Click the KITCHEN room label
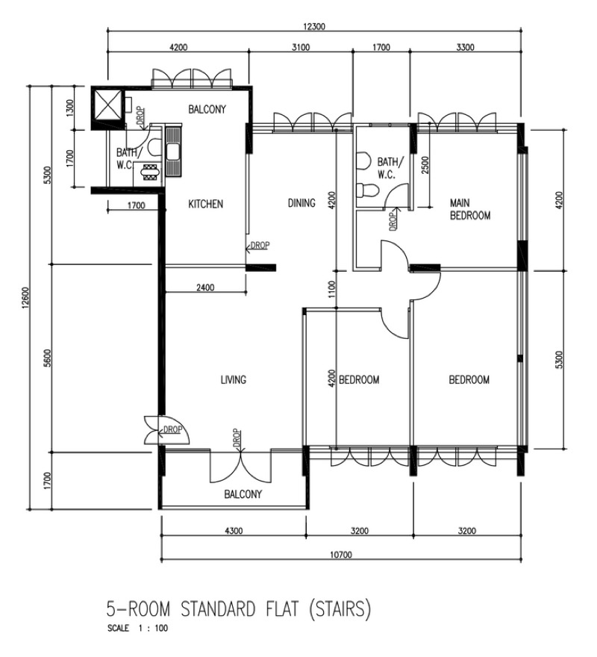[205, 204]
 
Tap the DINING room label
[301, 203]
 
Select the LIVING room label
[234, 379]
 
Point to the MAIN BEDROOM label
[469, 209]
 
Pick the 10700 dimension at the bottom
[341, 555]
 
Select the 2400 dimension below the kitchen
[205, 287]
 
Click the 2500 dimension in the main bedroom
[425, 166]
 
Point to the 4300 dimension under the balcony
[234, 531]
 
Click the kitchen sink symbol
[172, 152]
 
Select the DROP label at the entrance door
[172, 429]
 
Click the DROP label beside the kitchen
[260, 245]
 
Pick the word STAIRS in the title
[340, 608]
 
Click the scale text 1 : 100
[153, 628]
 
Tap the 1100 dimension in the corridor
[332, 289]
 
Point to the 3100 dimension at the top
[301, 47]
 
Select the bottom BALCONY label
[243, 494]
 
